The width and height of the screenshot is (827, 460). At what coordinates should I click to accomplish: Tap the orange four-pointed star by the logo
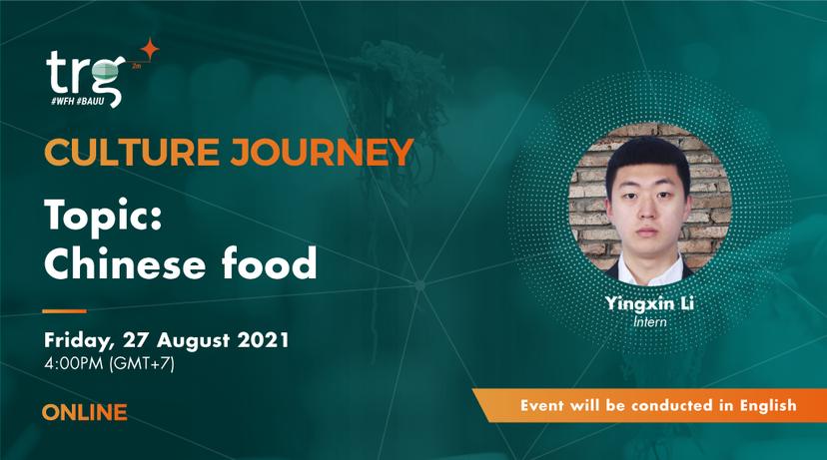coord(149,49)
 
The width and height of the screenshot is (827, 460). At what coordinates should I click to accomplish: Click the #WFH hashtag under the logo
coord(63,101)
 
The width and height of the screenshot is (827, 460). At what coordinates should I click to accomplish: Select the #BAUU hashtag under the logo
coord(90,101)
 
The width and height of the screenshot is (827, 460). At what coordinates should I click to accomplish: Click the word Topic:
coord(103,215)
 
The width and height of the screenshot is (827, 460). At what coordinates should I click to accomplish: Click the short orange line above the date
coord(64,311)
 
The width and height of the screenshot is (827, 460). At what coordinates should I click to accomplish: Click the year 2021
coord(264,340)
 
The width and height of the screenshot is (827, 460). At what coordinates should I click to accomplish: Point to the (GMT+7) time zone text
coord(142,364)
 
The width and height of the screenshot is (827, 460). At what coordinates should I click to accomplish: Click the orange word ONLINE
coord(85,412)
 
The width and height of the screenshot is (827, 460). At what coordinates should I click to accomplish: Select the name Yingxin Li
coord(649,304)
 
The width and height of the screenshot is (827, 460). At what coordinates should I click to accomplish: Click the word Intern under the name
coord(650,321)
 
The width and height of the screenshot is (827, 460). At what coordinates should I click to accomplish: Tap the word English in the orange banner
coord(768,405)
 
